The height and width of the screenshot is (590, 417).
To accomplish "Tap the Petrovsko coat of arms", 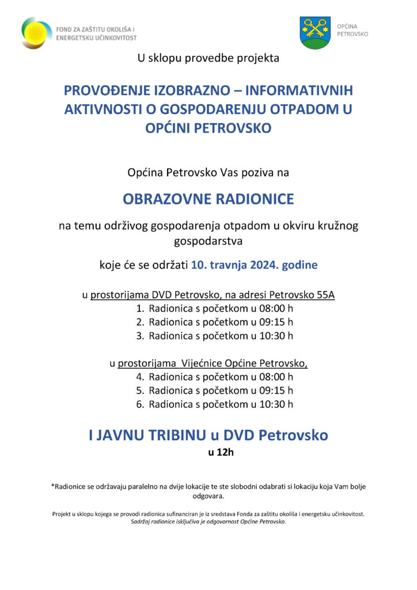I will click(x=315, y=33).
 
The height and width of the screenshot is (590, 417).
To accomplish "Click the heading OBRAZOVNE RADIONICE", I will click(x=208, y=199).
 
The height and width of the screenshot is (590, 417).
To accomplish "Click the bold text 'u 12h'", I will click(x=221, y=452).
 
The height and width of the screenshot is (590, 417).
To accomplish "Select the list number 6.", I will click(x=140, y=404).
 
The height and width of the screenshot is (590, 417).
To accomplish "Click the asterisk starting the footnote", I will click(x=52, y=486).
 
